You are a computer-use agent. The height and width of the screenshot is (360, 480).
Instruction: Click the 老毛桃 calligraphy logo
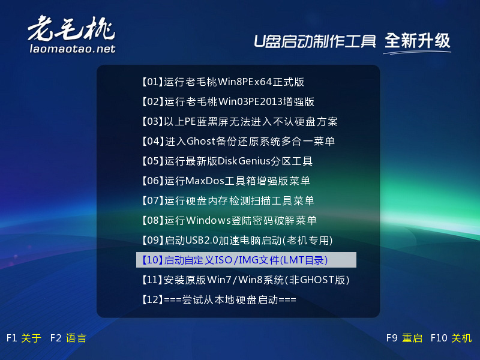(x=71, y=28)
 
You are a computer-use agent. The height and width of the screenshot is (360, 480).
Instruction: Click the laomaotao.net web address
(x=73, y=49)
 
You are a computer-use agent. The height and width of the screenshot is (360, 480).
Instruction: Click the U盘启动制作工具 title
(x=314, y=41)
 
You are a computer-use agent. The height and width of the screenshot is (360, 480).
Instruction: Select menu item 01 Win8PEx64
(x=223, y=82)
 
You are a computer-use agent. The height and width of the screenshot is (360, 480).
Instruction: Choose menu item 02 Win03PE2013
(x=228, y=101)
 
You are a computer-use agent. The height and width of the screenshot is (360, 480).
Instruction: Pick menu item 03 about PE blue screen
(x=239, y=122)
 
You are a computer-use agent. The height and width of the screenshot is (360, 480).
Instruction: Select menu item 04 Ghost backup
(x=238, y=141)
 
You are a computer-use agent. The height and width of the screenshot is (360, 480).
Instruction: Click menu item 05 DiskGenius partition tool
(x=227, y=161)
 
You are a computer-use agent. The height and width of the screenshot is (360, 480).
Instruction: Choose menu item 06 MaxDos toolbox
(x=226, y=181)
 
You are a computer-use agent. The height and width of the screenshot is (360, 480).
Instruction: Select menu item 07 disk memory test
(x=228, y=200)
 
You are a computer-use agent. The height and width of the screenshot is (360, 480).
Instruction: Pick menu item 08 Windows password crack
(x=229, y=220)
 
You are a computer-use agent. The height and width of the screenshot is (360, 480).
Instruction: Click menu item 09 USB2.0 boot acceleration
(x=237, y=241)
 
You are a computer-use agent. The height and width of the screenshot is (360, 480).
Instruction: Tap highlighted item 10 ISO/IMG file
(x=246, y=260)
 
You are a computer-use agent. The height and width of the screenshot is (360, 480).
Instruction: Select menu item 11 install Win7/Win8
(x=245, y=280)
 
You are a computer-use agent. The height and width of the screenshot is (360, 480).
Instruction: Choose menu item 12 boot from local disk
(x=219, y=299)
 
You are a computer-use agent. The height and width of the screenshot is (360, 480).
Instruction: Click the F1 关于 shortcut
(x=24, y=338)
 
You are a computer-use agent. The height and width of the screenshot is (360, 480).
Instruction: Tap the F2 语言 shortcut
(x=68, y=338)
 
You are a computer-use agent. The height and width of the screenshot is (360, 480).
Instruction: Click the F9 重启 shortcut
(x=404, y=338)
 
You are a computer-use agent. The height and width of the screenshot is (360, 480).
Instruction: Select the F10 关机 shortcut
(x=451, y=338)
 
